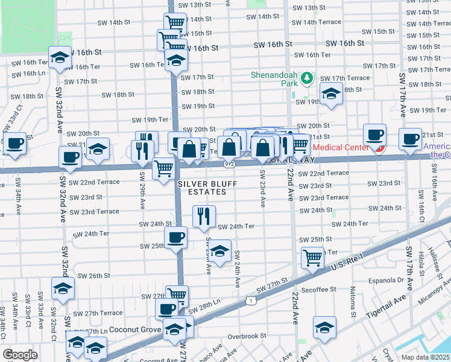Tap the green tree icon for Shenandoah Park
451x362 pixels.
tap(307, 78)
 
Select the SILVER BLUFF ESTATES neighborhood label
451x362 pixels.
tap(202, 187)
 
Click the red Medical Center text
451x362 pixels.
tap(340, 147)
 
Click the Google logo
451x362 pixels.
tap(20, 354)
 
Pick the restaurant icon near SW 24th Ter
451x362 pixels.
tap(204, 215)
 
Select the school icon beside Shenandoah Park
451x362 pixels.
tap(330, 94)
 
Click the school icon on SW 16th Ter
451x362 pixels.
tap(176, 60)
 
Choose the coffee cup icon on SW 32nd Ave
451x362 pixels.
tap(70, 156)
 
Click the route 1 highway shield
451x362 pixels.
tap(250, 300)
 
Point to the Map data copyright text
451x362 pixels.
tap(424, 357)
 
